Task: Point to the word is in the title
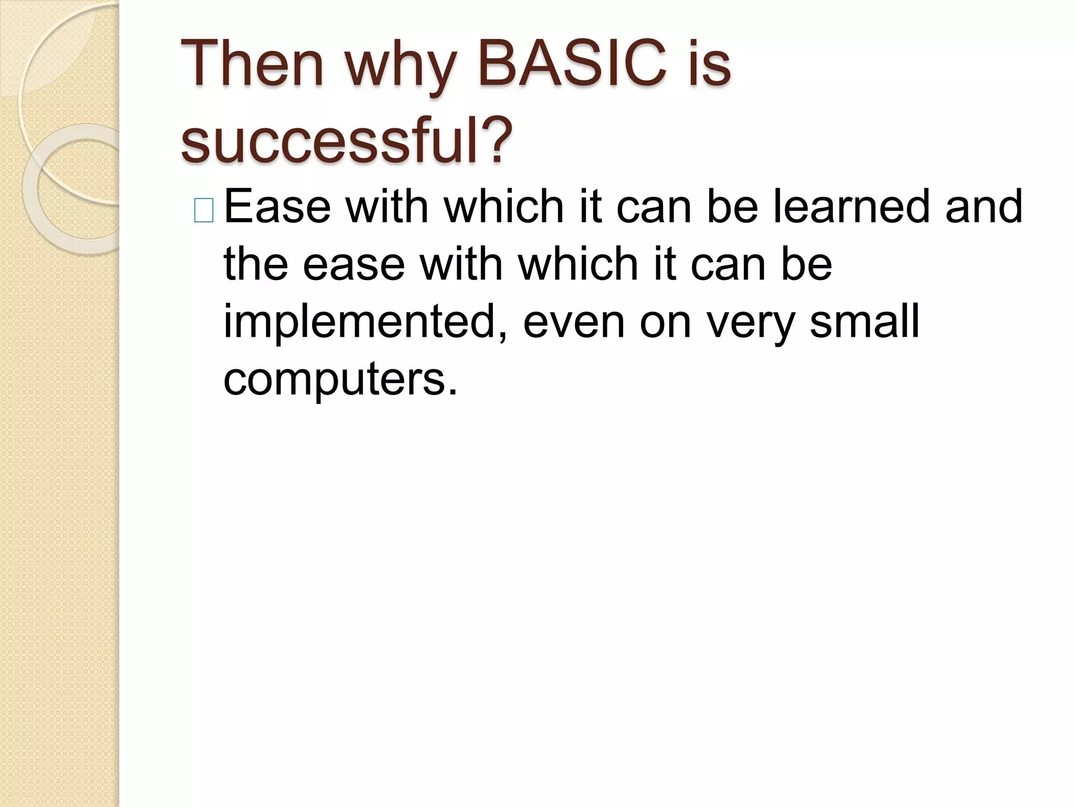pyautogui.click(x=710, y=66)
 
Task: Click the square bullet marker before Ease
pyautogui.click(x=204, y=211)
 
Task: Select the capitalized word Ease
pyautogui.click(x=277, y=207)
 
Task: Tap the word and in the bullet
pyautogui.click(x=984, y=207)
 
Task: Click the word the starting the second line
pyautogui.click(x=256, y=264)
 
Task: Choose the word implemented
pyautogui.click(x=359, y=323)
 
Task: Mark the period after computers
pyautogui.click(x=453, y=392)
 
